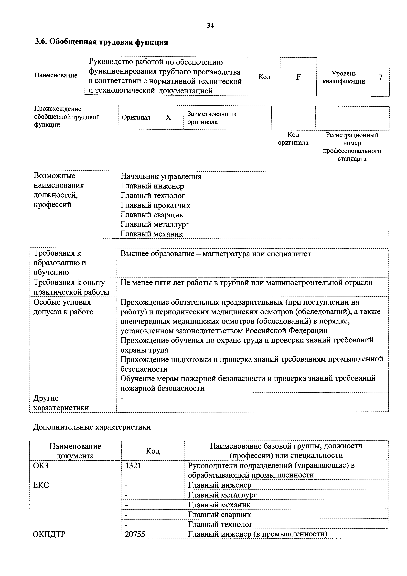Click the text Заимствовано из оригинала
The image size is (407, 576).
click(x=212, y=118)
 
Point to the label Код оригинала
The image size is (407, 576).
click(x=293, y=139)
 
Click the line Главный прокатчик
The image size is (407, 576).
click(x=155, y=205)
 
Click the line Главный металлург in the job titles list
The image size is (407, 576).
click(x=155, y=224)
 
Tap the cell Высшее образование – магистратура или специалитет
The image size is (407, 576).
click(x=216, y=254)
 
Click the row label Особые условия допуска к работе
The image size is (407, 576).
click(x=63, y=307)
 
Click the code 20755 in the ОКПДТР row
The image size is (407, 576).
click(x=135, y=534)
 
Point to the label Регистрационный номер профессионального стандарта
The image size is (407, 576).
click(x=352, y=147)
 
